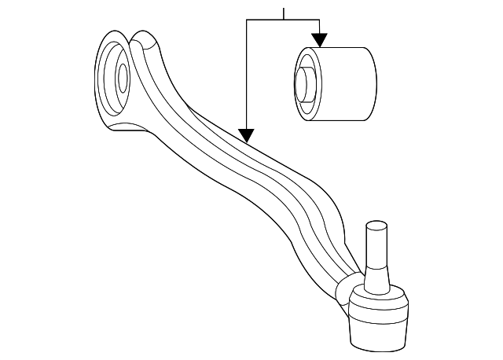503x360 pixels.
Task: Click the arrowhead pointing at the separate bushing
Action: coord(319,39)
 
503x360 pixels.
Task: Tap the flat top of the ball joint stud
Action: coord(378,226)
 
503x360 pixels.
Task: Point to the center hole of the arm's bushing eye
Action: coord(123,77)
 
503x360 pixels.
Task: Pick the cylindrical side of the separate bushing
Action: coord(346,84)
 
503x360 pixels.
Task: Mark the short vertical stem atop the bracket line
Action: coord(284,13)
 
